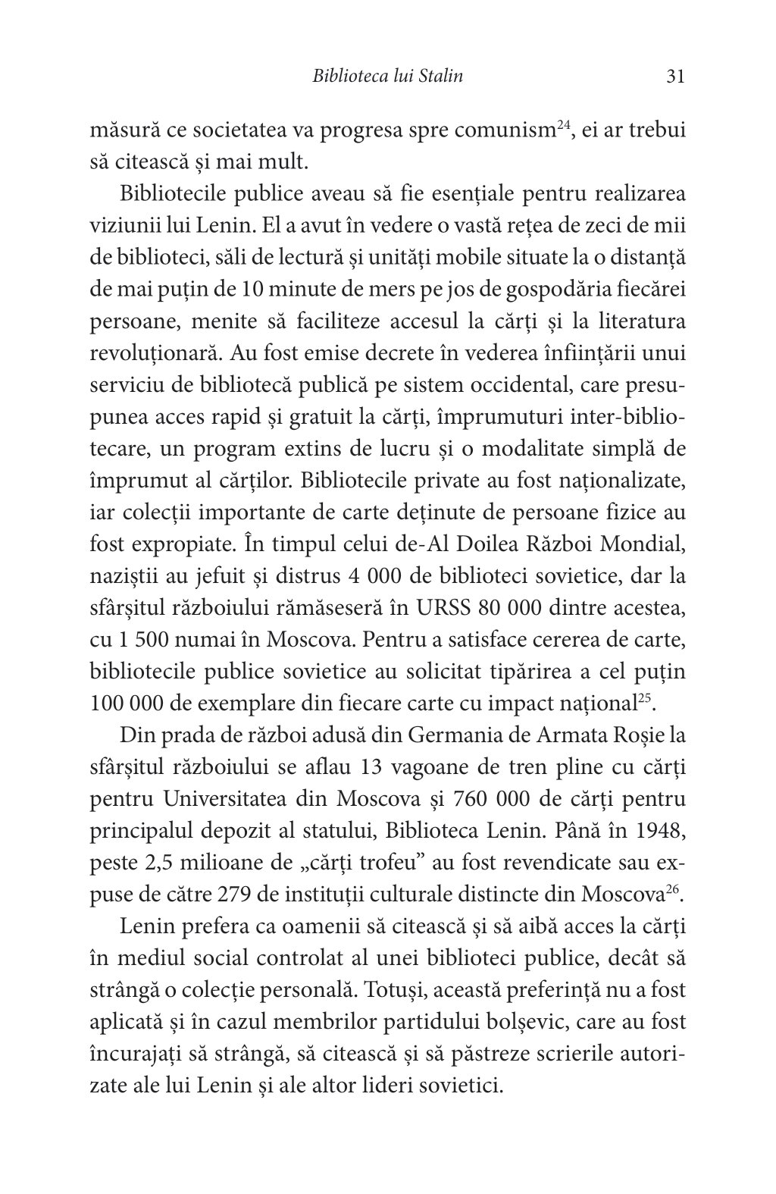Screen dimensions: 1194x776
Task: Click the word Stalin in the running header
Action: (x=440, y=77)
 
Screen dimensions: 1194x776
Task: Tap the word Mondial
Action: (x=643, y=544)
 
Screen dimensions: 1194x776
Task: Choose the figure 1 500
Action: (x=151, y=639)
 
